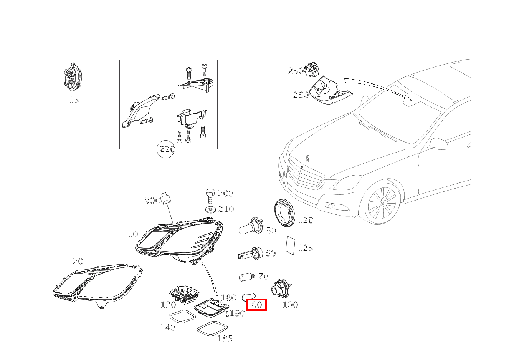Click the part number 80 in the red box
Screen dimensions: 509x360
click(257, 305)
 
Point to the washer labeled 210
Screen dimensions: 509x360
click(210, 209)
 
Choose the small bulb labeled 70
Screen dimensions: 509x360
click(246, 277)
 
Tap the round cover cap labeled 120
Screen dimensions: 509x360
click(284, 213)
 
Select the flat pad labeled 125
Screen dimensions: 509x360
click(290, 246)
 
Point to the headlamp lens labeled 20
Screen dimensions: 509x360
click(98, 285)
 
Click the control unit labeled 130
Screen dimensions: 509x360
click(183, 294)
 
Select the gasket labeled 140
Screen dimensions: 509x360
click(182, 316)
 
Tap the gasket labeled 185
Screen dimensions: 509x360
click(212, 328)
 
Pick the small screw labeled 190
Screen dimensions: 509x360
click(228, 314)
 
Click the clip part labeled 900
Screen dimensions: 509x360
click(166, 198)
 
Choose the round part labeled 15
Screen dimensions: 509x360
click(73, 77)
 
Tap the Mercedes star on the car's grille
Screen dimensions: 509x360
click(302, 168)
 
